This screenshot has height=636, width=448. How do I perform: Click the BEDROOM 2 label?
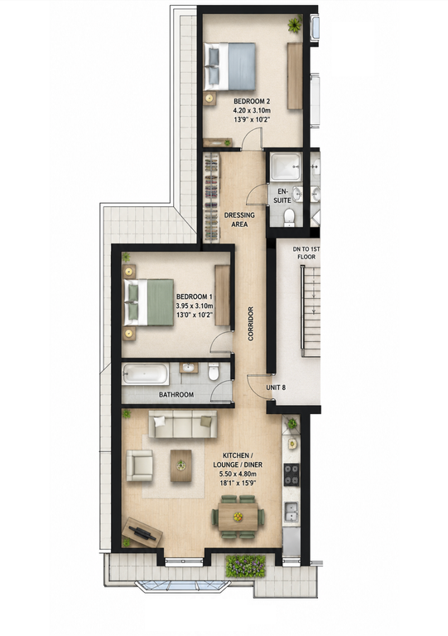tap(252, 101)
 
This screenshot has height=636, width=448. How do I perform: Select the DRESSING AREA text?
tap(239, 219)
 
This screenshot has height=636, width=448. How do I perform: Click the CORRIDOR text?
tap(251, 323)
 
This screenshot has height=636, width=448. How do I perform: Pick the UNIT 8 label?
tap(276, 388)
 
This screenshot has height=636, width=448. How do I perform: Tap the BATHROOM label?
tap(176, 394)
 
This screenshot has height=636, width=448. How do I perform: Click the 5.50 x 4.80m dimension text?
tap(238, 474)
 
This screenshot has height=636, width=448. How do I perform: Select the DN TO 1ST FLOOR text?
tap(306, 253)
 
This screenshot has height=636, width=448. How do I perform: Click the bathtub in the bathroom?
tap(146, 374)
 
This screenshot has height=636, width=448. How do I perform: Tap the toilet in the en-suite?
tap(289, 217)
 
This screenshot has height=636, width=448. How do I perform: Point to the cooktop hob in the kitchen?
tap(291, 475)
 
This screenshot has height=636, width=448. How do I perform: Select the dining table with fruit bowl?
tap(238, 517)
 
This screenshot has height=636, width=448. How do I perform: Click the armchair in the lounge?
tap(139, 465)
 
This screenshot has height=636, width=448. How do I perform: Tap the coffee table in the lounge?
tap(181, 465)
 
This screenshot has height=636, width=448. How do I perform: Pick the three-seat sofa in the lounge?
tap(183, 424)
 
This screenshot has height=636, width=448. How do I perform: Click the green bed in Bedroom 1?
tap(149, 302)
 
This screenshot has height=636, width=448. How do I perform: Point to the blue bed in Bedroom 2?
tap(230, 66)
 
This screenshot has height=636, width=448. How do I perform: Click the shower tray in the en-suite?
tap(287, 166)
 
